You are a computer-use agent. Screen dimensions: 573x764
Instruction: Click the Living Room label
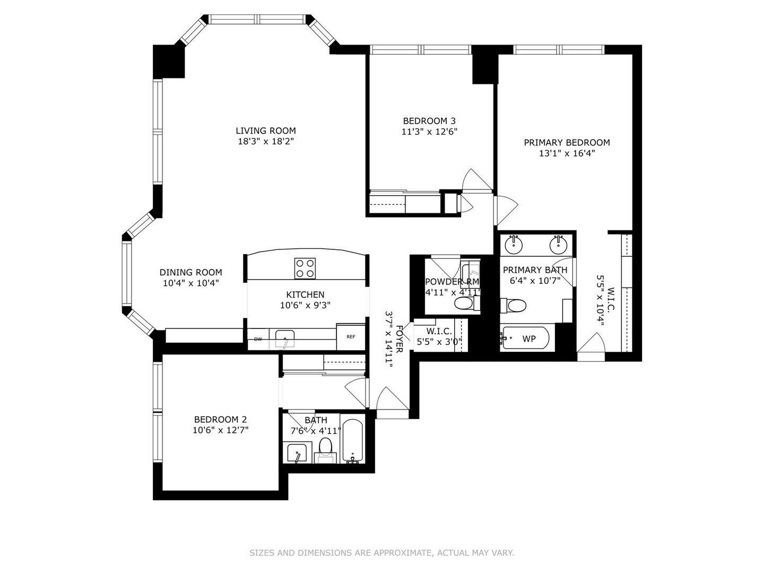click(x=266, y=131)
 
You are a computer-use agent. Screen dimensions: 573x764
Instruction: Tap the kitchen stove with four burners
click(x=305, y=268)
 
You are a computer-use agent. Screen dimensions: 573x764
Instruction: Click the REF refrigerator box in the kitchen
click(x=351, y=337)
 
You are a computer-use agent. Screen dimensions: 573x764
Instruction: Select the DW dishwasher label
click(x=258, y=339)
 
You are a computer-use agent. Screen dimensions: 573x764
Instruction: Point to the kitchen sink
click(x=285, y=338)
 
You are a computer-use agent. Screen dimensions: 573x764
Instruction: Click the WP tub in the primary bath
click(x=528, y=338)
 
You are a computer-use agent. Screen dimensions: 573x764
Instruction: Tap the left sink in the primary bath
click(x=514, y=245)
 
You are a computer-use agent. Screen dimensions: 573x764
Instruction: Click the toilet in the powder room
click(x=465, y=304)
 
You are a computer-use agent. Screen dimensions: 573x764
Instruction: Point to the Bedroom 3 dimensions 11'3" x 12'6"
click(x=429, y=132)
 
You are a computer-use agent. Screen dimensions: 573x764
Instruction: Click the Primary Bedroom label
click(x=567, y=142)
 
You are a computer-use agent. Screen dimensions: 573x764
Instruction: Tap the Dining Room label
click(x=191, y=273)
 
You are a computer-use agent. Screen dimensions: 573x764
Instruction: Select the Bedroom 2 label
click(x=220, y=419)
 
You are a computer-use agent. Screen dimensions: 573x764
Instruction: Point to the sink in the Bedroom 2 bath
click(x=297, y=454)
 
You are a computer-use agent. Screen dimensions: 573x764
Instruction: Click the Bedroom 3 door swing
click(x=476, y=180)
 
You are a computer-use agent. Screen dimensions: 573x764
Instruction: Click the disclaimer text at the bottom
click(x=381, y=553)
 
